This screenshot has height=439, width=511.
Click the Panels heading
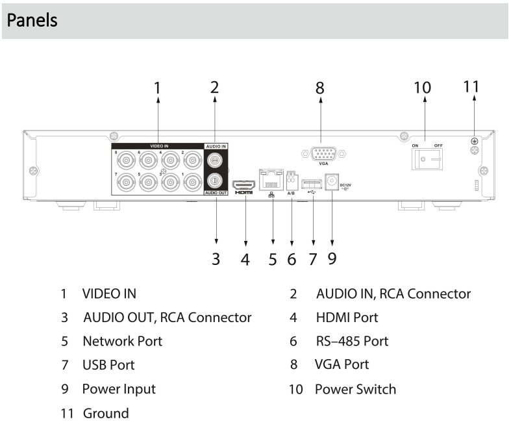tap(32, 20)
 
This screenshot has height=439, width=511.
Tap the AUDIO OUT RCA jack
tap(215, 181)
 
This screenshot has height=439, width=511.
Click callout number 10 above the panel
tap(423, 88)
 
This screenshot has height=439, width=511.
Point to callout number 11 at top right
tap(474, 86)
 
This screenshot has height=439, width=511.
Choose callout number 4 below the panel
tap(245, 259)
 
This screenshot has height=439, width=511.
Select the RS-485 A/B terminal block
tap(292, 181)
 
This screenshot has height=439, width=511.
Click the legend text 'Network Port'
tap(122, 341)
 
